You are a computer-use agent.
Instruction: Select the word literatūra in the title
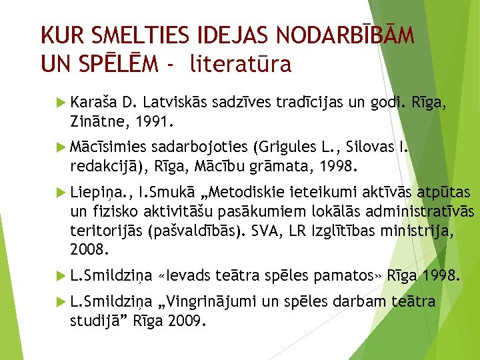point(241,64)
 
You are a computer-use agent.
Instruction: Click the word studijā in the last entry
point(95,321)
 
